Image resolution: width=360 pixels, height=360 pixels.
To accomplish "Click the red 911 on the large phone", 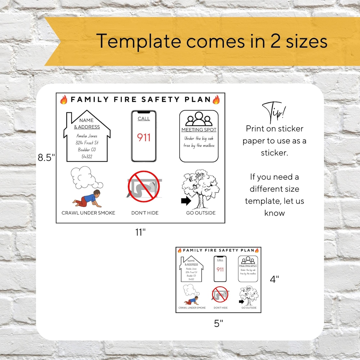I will (x=144, y=137).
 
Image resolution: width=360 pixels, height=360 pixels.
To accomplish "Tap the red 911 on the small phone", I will (x=220, y=269).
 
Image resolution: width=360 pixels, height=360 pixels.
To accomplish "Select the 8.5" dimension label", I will (x=46, y=157).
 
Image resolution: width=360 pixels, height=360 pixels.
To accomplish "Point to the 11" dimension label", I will (x=140, y=232).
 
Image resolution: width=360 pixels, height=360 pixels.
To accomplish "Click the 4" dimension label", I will (x=274, y=279).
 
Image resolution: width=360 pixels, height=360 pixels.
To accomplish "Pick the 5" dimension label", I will (x=219, y=323).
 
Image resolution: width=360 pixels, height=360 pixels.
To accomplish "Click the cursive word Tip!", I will (x=274, y=112).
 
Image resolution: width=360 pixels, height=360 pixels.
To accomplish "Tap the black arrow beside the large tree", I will (x=186, y=201).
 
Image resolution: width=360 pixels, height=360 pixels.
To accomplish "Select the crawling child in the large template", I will (x=87, y=199).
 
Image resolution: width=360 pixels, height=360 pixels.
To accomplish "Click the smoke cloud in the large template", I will (x=85, y=177).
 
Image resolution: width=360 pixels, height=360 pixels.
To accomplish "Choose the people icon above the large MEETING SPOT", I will (x=199, y=119).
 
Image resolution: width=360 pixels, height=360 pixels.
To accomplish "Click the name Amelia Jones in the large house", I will (x=87, y=136).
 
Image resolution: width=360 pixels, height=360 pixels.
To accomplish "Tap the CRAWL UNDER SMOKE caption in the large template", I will (x=88, y=213).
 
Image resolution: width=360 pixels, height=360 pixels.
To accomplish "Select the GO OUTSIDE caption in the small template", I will (x=249, y=308).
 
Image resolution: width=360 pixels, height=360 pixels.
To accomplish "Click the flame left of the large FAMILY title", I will (x=64, y=100).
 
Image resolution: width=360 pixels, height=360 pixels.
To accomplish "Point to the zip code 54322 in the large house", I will (x=87, y=156).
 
